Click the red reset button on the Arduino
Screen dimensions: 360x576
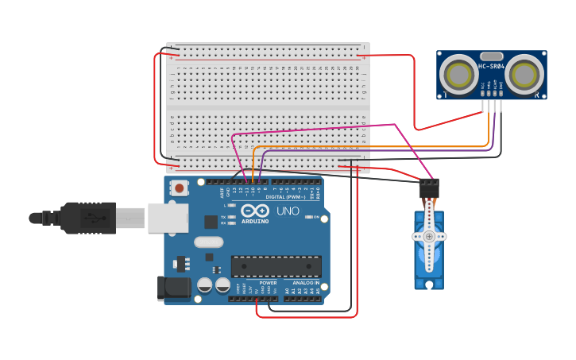(x=180, y=189)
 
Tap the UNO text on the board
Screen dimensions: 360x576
(x=288, y=211)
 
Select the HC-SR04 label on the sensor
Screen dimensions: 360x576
(x=490, y=56)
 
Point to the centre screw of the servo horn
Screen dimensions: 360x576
(x=429, y=236)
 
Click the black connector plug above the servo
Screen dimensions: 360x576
(x=429, y=188)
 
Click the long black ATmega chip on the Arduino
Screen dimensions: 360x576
(x=276, y=267)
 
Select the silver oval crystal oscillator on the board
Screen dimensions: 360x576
(x=208, y=242)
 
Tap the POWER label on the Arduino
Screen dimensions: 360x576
(x=268, y=282)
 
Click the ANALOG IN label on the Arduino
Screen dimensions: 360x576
(x=305, y=282)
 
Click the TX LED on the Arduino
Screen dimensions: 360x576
(x=232, y=216)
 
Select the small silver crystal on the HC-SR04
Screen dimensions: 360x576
(x=490, y=67)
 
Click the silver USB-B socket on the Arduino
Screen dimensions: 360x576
(x=168, y=216)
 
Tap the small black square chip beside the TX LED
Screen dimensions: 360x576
(x=211, y=222)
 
